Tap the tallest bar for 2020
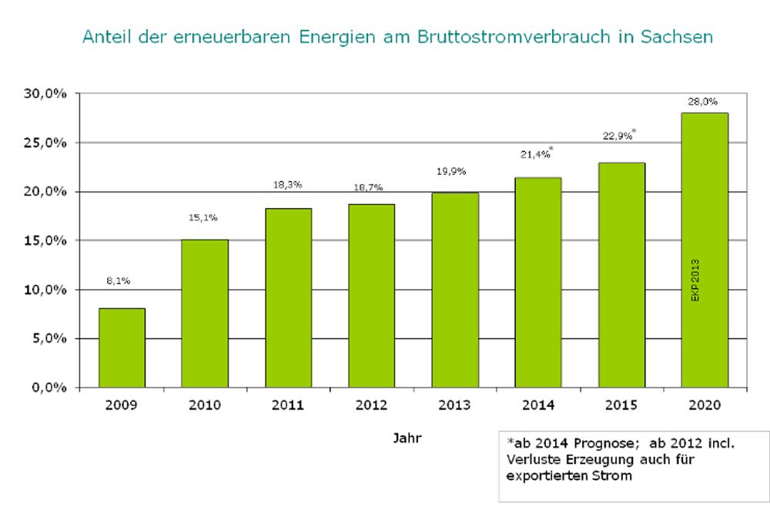point(705,250)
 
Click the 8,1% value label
point(118,281)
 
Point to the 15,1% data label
point(202,218)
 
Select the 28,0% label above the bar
point(705,101)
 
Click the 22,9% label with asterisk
point(618,135)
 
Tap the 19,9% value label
point(451,171)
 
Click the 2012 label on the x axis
point(371,405)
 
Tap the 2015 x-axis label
point(621,405)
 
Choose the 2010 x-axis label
point(205,405)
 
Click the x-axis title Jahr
point(407,438)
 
